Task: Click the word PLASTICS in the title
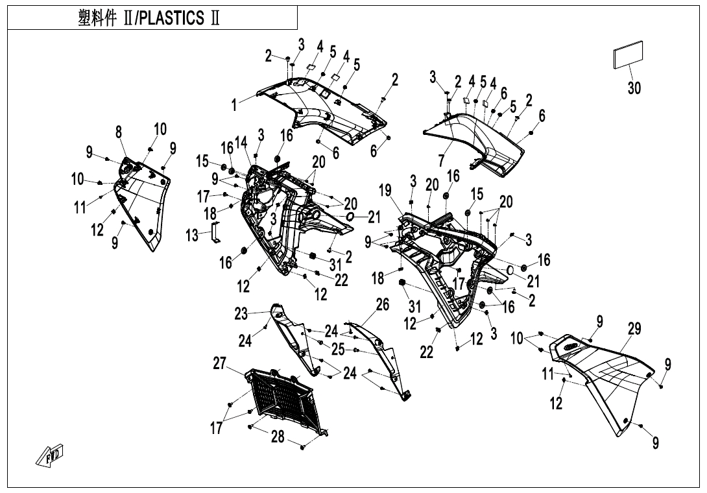coord(169,19)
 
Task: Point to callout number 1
coord(235,104)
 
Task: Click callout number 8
coord(119,132)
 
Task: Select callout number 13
coord(193,235)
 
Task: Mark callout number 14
coord(241,142)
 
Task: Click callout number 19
coord(385,190)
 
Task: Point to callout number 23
coord(241,314)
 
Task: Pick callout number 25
coord(337,349)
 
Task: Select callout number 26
coord(383,304)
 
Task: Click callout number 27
coord(220,364)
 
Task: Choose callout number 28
coord(278,437)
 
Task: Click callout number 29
coord(634,329)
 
